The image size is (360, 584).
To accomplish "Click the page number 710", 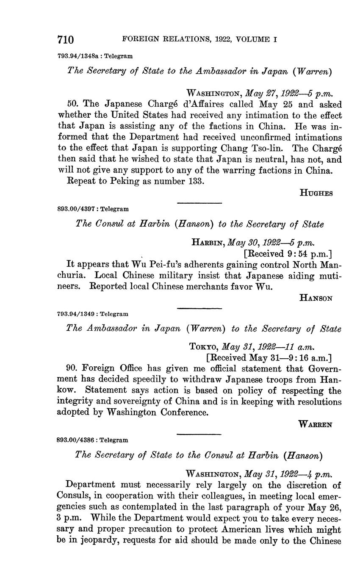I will point(66,40).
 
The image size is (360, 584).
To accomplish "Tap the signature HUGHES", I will point(316,193).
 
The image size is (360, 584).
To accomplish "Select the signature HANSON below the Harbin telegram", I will point(316,298).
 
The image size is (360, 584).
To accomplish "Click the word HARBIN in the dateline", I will point(208,243).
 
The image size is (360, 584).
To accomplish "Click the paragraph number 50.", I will point(73,104).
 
